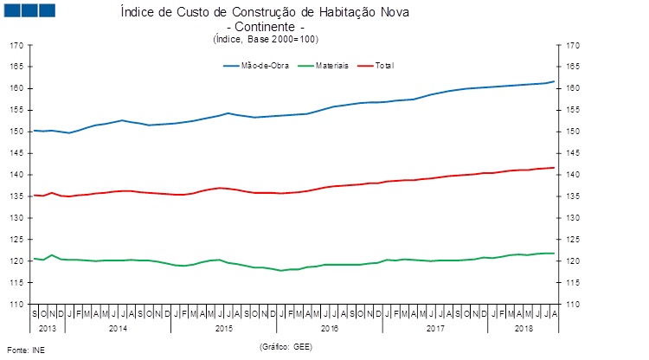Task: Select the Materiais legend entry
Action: tap(332, 66)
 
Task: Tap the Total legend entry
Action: tap(385, 66)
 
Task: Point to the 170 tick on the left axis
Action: tap(16, 45)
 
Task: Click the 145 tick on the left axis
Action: tap(16, 153)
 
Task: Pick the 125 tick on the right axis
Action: tap(573, 240)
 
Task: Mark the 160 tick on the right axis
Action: tap(573, 88)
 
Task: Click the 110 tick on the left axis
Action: tap(16, 305)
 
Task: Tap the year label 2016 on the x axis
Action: tap(329, 329)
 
